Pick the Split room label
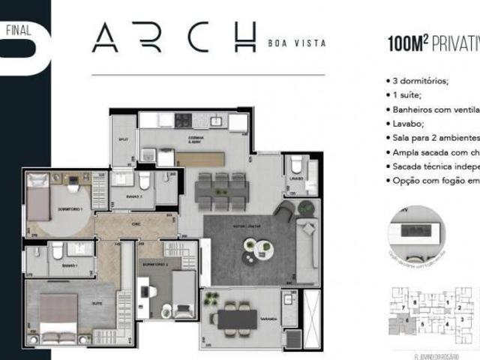pos(123,139)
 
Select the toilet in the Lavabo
pos(296,165)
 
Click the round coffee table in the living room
pos(247,247)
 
